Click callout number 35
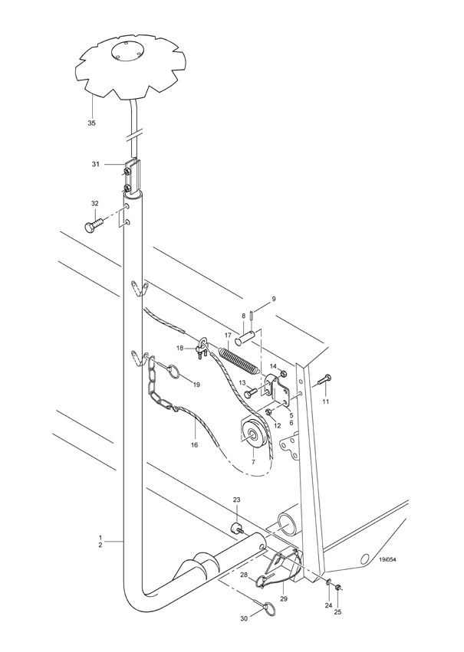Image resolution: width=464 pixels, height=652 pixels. (x=91, y=123)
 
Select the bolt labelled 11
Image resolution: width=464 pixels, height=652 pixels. (x=324, y=379)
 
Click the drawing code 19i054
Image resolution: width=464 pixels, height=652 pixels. (x=387, y=559)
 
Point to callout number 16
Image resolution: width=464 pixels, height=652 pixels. (x=194, y=445)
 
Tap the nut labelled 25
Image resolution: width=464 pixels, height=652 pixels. (x=338, y=587)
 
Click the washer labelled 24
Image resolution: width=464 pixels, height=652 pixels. (x=328, y=581)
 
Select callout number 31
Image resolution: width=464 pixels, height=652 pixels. (x=96, y=164)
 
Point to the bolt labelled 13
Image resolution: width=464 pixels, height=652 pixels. (x=251, y=392)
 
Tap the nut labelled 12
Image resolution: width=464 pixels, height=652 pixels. (x=269, y=411)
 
